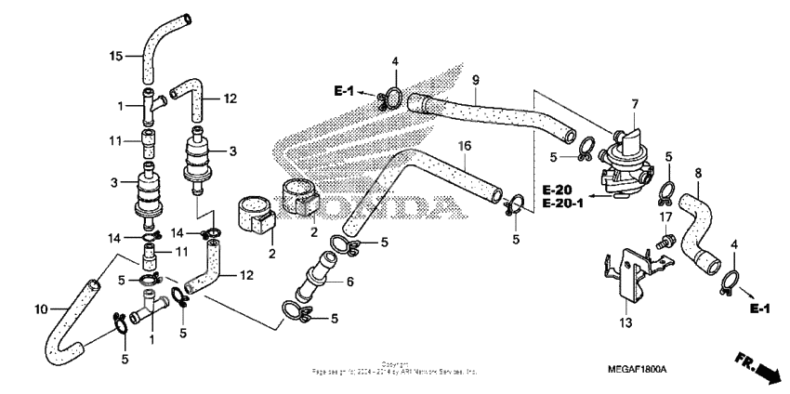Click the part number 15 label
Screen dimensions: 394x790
click(x=116, y=57)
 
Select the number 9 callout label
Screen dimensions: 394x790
click(x=475, y=78)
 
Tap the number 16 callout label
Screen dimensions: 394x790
click(x=466, y=146)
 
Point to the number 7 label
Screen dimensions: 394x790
click(x=635, y=104)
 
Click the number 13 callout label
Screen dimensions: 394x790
click(x=625, y=322)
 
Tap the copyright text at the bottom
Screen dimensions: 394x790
click(x=395, y=368)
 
